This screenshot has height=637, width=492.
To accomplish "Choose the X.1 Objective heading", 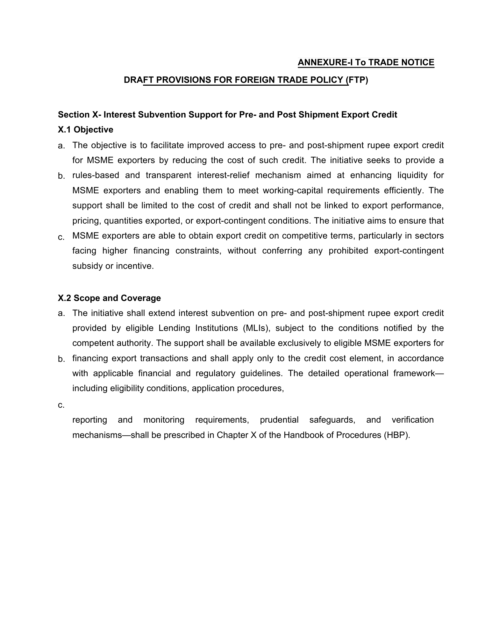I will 85,130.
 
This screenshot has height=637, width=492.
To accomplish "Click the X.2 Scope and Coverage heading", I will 109,298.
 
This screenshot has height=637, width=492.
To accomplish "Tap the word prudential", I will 279,420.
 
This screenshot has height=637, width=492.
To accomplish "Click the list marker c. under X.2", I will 61,405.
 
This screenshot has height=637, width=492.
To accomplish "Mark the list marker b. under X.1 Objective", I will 61,176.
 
